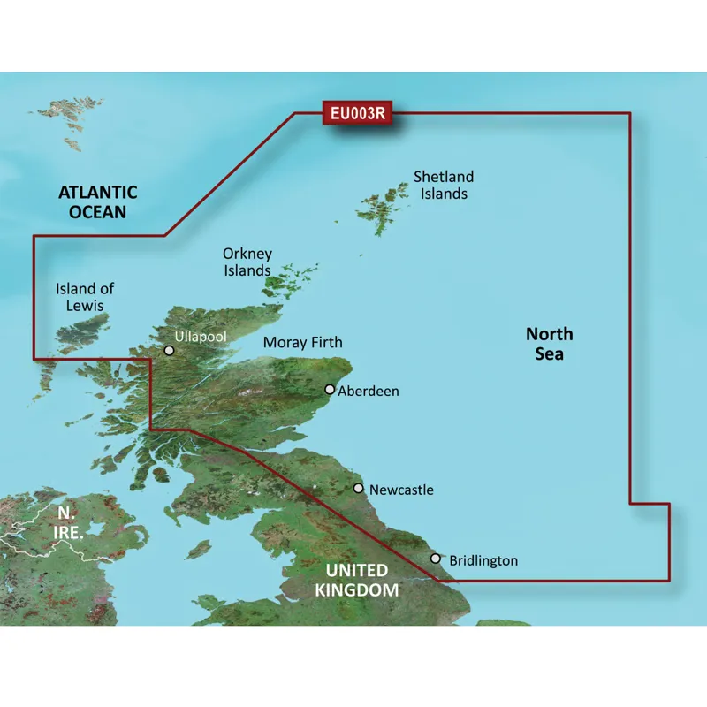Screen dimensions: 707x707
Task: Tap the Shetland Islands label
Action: tap(444, 185)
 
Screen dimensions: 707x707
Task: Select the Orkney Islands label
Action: tap(247, 262)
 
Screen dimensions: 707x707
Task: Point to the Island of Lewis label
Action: tap(85, 297)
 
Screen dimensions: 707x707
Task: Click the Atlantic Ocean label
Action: tap(97, 201)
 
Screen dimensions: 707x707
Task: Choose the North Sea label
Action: tap(549, 344)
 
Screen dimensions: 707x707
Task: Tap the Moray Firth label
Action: tap(303, 342)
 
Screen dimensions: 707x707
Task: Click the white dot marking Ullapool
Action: tap(169, 351)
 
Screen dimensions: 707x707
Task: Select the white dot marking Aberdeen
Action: tap(331, 390)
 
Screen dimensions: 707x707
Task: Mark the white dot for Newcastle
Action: tap(359, 488)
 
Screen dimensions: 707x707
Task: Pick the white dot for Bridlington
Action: tap(436, 559)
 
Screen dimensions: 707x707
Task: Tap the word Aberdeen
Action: tap(369, 391)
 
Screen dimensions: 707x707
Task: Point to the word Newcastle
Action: tap(401, 489)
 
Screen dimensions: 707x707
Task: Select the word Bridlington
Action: tap(483, 560)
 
